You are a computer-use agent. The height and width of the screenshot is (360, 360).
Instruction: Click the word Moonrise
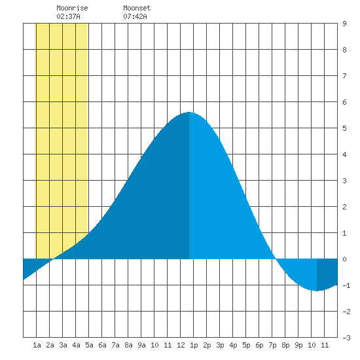(72, 8)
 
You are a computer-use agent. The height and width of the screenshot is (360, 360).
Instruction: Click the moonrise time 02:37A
(68, 16)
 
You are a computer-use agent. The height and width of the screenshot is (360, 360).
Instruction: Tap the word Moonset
(137, 8)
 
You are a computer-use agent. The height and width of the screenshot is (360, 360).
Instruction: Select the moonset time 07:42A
(135, 16)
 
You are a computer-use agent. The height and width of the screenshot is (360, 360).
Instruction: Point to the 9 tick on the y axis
(344, 24)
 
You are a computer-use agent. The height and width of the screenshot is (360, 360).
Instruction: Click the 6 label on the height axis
(344, 102)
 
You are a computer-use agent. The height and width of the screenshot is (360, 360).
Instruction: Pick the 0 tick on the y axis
(344, 259)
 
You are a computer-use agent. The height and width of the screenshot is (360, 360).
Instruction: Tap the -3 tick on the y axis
(346, 338)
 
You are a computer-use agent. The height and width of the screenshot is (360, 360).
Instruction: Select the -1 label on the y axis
(346, 285)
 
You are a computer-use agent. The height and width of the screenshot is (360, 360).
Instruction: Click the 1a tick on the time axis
(37, 345)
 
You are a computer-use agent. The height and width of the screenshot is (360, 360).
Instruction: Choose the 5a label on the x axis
(89, 345)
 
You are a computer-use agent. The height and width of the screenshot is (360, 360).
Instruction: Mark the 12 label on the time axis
(181, 345)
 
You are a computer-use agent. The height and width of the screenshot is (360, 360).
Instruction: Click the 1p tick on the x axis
(194, 345)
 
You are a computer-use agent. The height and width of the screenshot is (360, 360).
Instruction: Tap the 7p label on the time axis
(272, 345)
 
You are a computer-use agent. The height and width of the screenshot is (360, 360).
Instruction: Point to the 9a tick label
(141, 345)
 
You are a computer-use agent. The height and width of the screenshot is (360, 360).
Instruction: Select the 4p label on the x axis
(233, 345)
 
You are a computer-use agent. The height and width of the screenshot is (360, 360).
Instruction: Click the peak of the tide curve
(189, 112)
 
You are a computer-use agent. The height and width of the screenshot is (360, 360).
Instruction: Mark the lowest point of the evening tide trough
(317, 291)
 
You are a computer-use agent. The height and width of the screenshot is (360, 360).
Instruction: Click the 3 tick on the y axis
(344, 181)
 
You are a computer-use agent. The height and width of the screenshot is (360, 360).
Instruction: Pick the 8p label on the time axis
(285, 345)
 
